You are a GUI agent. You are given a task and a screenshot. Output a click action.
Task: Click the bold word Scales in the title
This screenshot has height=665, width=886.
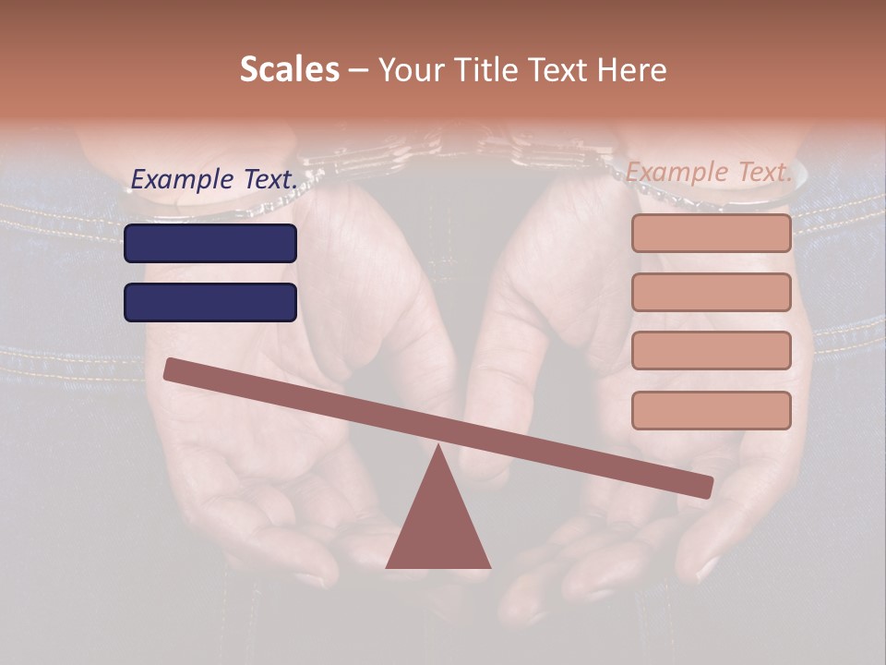(289, 69)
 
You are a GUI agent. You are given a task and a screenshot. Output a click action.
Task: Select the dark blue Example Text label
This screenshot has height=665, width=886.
(214, 179)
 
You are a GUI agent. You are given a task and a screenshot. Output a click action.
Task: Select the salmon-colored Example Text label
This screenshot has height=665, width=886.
(709, 172)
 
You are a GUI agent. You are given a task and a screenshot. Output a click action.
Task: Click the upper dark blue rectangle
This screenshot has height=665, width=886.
(210, 243)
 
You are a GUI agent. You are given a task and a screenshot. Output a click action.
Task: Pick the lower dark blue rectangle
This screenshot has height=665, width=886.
(210, 302)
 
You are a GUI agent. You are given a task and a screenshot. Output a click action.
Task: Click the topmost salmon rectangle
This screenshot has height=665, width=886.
(711, 233)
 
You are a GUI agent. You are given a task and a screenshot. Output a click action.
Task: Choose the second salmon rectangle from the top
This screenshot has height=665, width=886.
(711, 292)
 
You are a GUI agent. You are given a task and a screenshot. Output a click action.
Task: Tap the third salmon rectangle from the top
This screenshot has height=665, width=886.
(711, 351)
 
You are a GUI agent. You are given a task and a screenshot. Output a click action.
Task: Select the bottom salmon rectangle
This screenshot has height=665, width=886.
(711, 410)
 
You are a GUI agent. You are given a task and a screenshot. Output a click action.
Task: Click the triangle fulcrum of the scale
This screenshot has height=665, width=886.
(438, 526)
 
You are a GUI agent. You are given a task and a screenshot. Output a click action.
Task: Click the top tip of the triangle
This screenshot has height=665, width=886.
(438, 448)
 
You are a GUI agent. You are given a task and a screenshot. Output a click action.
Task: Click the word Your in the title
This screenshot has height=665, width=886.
(411, 69)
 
